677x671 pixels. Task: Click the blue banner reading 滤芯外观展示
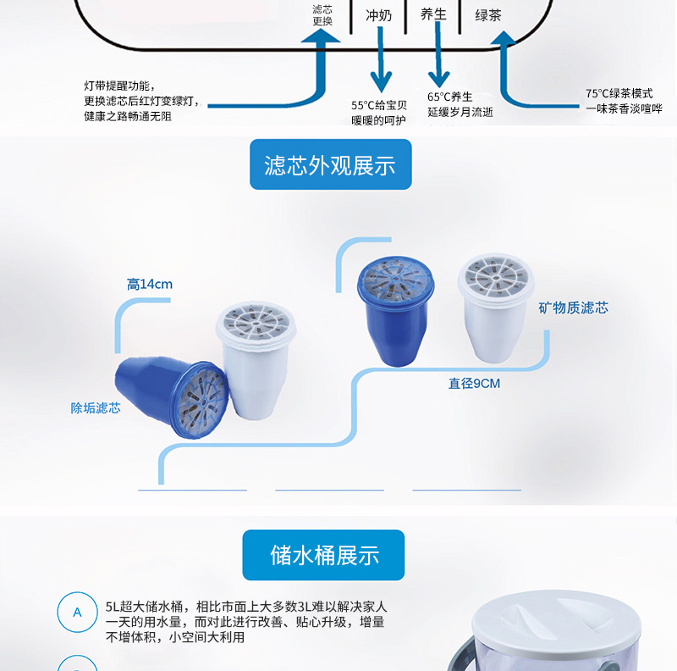[x=330, y=164]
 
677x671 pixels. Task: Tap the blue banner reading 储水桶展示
[x=323, y=555]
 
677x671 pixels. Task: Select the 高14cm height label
[x=150, y=284]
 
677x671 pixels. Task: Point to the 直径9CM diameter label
[x=474, y=384]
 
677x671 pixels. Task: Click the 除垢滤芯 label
[x=96, y=408]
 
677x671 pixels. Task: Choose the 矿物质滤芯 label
[x=573, y=308]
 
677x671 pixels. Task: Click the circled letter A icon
[x=77, y=613]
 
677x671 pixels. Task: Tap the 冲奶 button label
[x=378, y=15]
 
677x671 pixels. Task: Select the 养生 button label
[x=433, y=14]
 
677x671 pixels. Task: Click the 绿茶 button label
[x=488, y=15]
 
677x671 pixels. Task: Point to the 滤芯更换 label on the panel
[x=322, y=15]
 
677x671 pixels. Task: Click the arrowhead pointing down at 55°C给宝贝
[x=381, y=81]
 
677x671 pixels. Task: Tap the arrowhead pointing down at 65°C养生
[x=438, y=79]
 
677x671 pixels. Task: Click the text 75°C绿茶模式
[x=619, y=93]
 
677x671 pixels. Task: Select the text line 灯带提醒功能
[x=119, y=86]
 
